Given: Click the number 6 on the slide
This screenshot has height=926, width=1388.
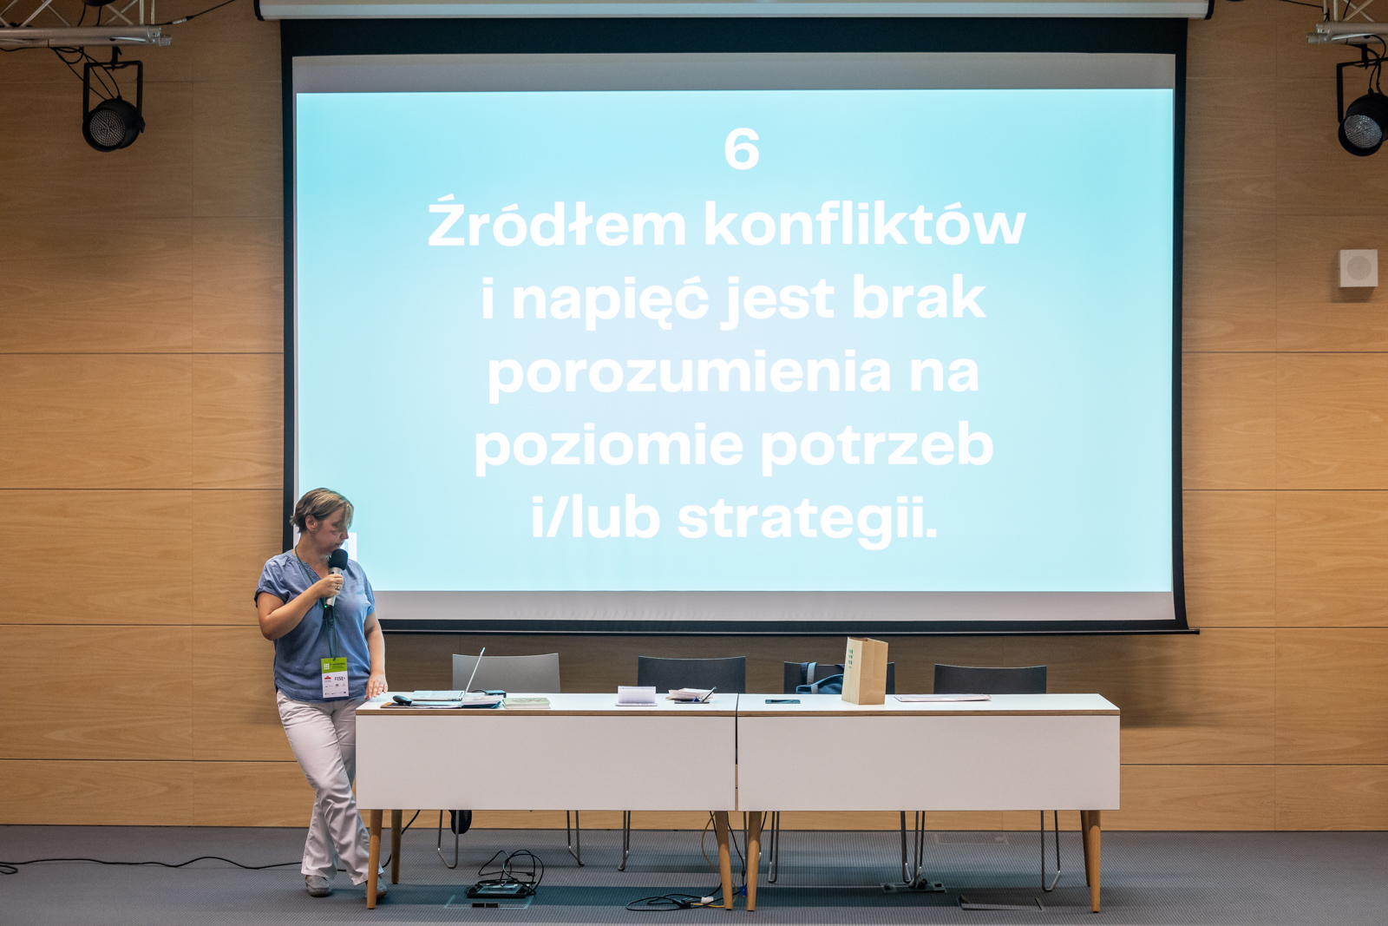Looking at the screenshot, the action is coord(742,148).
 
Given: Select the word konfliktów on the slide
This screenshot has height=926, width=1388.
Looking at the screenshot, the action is coord(865,222).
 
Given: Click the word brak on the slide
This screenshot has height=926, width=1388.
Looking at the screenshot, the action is coord(919,299).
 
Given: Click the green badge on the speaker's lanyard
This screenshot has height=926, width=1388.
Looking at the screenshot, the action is coord(335,677).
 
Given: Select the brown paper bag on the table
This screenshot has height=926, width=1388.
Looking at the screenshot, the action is coord(864,671).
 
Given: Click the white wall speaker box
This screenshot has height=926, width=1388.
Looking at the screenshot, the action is coord(1359,268).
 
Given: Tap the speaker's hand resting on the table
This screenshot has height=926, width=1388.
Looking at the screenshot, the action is coord(376,686).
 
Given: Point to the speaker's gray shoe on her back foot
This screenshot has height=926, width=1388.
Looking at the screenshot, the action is coord(318,885).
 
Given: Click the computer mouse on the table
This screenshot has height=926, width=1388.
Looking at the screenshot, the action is coord(403,699).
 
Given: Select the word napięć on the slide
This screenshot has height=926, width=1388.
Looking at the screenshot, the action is coord(611,300).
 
